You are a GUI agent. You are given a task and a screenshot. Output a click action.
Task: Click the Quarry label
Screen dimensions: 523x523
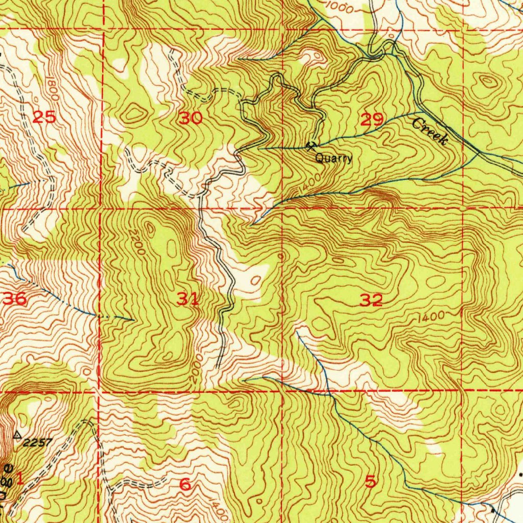[334, 158]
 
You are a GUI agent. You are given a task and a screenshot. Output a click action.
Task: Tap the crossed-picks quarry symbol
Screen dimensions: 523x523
[310, 147]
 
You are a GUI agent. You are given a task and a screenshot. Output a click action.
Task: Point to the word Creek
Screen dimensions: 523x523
[430, 131]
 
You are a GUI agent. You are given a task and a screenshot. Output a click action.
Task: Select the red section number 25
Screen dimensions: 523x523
[44, 117]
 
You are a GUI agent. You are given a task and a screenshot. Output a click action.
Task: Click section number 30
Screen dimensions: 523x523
[191, 119]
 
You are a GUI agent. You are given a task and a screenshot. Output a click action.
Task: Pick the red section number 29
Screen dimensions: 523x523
[372, 120]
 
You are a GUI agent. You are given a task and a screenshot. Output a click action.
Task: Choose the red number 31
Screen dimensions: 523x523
[187, 299]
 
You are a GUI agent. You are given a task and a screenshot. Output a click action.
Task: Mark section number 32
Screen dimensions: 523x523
[371, 300]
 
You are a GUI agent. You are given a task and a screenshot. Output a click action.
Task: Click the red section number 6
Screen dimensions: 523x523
[185, 484]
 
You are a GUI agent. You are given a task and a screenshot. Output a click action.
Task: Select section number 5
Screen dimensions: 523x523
[370, 481]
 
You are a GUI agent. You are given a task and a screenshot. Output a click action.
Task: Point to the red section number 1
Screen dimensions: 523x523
[20, 479]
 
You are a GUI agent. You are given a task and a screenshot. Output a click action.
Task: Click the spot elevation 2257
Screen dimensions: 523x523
[37, 442]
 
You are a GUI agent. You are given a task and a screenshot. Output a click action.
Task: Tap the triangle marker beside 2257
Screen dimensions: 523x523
[17, 435]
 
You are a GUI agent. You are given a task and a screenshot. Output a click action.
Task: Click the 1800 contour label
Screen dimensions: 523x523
[55, 88]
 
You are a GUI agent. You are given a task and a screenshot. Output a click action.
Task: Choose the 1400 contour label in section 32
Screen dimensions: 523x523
[430, 317]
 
